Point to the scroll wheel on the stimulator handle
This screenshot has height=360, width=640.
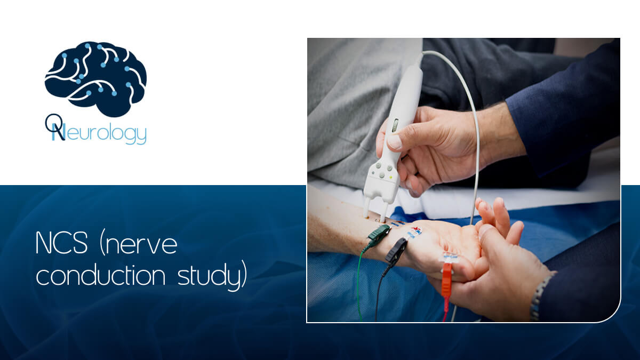(x=395, y=126)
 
